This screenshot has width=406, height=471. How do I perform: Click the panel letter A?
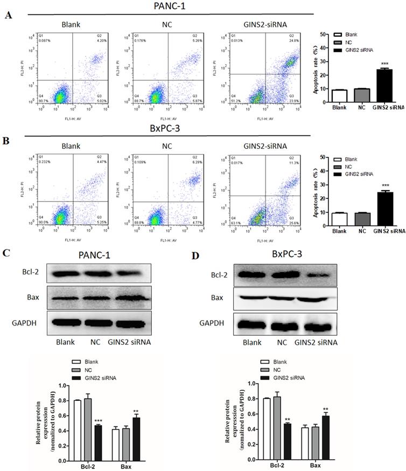click(8, 16)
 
